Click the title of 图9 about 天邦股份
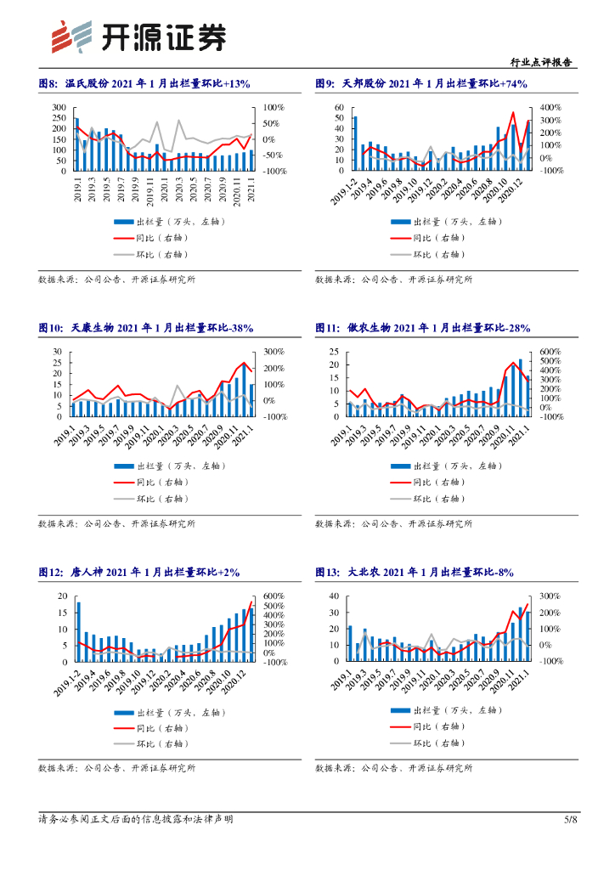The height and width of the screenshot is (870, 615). pos(421,84)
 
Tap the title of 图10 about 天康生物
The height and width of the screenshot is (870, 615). pos(146,328)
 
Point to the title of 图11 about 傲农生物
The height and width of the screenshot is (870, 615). pos(422,328)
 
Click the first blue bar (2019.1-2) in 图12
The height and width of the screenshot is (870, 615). pos(78,631)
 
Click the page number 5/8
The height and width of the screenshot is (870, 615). pos(571,819)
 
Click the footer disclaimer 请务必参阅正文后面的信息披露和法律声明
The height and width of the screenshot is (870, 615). pos(136,819)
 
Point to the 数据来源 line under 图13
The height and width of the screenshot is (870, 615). pos(393,768)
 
